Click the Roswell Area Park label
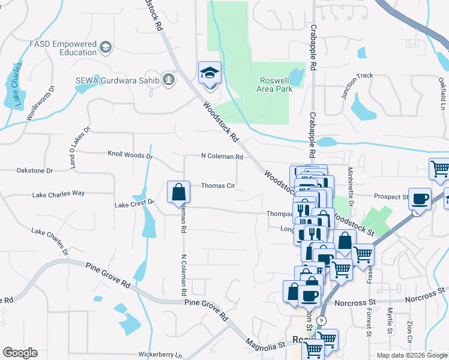(276, 85)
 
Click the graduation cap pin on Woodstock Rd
(210, 73)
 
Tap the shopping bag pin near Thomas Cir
(179, 193)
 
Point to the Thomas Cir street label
(217, 186)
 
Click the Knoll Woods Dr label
(130, 155)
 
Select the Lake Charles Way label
(58, 194)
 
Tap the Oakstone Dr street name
(35, 170)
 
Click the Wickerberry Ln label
(160, 355)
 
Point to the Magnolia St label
(265, 345)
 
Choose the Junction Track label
(357, 76)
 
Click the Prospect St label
(391, 196)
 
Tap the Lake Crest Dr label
(135, 204)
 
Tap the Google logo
(20, 353)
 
